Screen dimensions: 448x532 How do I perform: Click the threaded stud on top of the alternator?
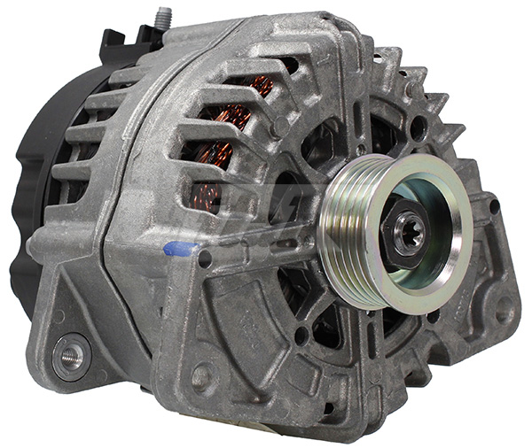tap(162, 17)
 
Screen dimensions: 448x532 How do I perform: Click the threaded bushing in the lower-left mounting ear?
tap(70, 356)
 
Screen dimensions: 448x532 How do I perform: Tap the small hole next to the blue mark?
tap(206, 259)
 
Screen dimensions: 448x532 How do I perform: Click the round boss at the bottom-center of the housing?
tap(203, 376)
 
